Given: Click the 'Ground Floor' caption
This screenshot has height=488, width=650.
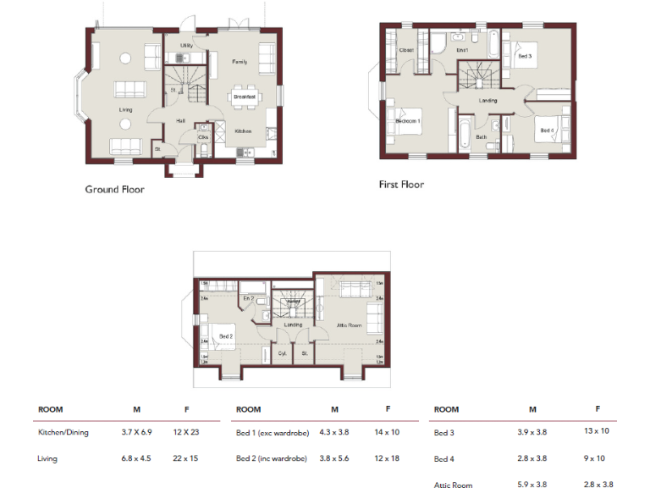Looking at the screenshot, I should click(x=114, y=189).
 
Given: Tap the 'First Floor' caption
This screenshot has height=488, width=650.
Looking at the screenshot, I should click(x=401, y=184).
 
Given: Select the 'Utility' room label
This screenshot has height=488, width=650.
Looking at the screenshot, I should click(x=187, y=46).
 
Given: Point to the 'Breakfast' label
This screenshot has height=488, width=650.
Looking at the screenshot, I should click(x=244, y=97).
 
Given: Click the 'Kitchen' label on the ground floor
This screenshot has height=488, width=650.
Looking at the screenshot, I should click(x=243, y=130).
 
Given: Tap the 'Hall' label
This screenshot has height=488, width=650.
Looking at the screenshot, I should click(x=181, y=121).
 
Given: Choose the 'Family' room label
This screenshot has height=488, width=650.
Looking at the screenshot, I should click(x=240, y=62).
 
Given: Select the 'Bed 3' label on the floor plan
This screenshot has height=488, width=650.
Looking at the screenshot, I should click(x=524, y=55).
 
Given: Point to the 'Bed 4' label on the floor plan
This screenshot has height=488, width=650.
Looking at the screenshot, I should click(x=547, y=130).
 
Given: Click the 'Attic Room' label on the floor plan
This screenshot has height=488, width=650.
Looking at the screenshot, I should click(x=350, y=326).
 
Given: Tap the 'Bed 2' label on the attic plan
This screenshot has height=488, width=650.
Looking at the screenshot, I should click(x=226, y=336).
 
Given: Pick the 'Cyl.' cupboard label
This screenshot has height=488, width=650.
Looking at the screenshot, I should click(x=282, y=353).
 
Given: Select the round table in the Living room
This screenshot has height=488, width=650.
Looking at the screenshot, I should click(x=124, y=58).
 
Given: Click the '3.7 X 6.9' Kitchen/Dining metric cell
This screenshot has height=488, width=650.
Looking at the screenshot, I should click(x=135, y=432).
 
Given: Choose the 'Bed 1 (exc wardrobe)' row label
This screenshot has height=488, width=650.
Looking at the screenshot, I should click(x=273, y=432).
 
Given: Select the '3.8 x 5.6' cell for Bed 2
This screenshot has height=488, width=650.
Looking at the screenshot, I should click(x=334, y=458).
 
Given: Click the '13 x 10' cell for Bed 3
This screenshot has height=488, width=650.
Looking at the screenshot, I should click(x=597, y=431).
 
